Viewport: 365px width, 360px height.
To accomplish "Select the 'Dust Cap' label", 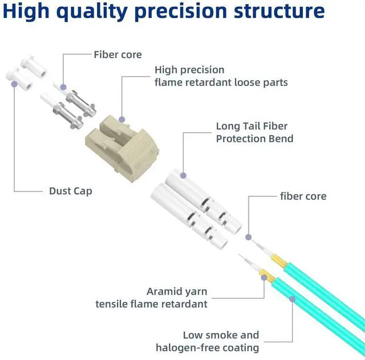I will pyautogui.click(x=71, y=191).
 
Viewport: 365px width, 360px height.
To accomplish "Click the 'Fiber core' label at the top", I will pyautogui.click(x=117, y=55).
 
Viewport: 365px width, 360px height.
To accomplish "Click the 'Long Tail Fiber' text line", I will pyautogui.click(x=252, y=126).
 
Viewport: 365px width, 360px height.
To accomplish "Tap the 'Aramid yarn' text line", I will pyautogui.click(x=177, y=292).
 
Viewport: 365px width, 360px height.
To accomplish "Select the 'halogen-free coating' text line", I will pyautogui.click(x=208, y=347).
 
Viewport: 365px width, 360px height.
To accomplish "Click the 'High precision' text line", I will pyautogui.click(x=189, y=70).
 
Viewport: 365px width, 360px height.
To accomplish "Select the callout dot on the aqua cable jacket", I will pyautogui.click(x=293, y=298).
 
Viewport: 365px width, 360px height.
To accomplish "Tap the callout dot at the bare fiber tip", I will pyautogui.click(x=248, y=236).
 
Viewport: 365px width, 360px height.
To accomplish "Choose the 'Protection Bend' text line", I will pyautogui.click(x=254, y=139).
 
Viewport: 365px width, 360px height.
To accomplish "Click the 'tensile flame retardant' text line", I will pyautogui.click(x=151, y=304).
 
